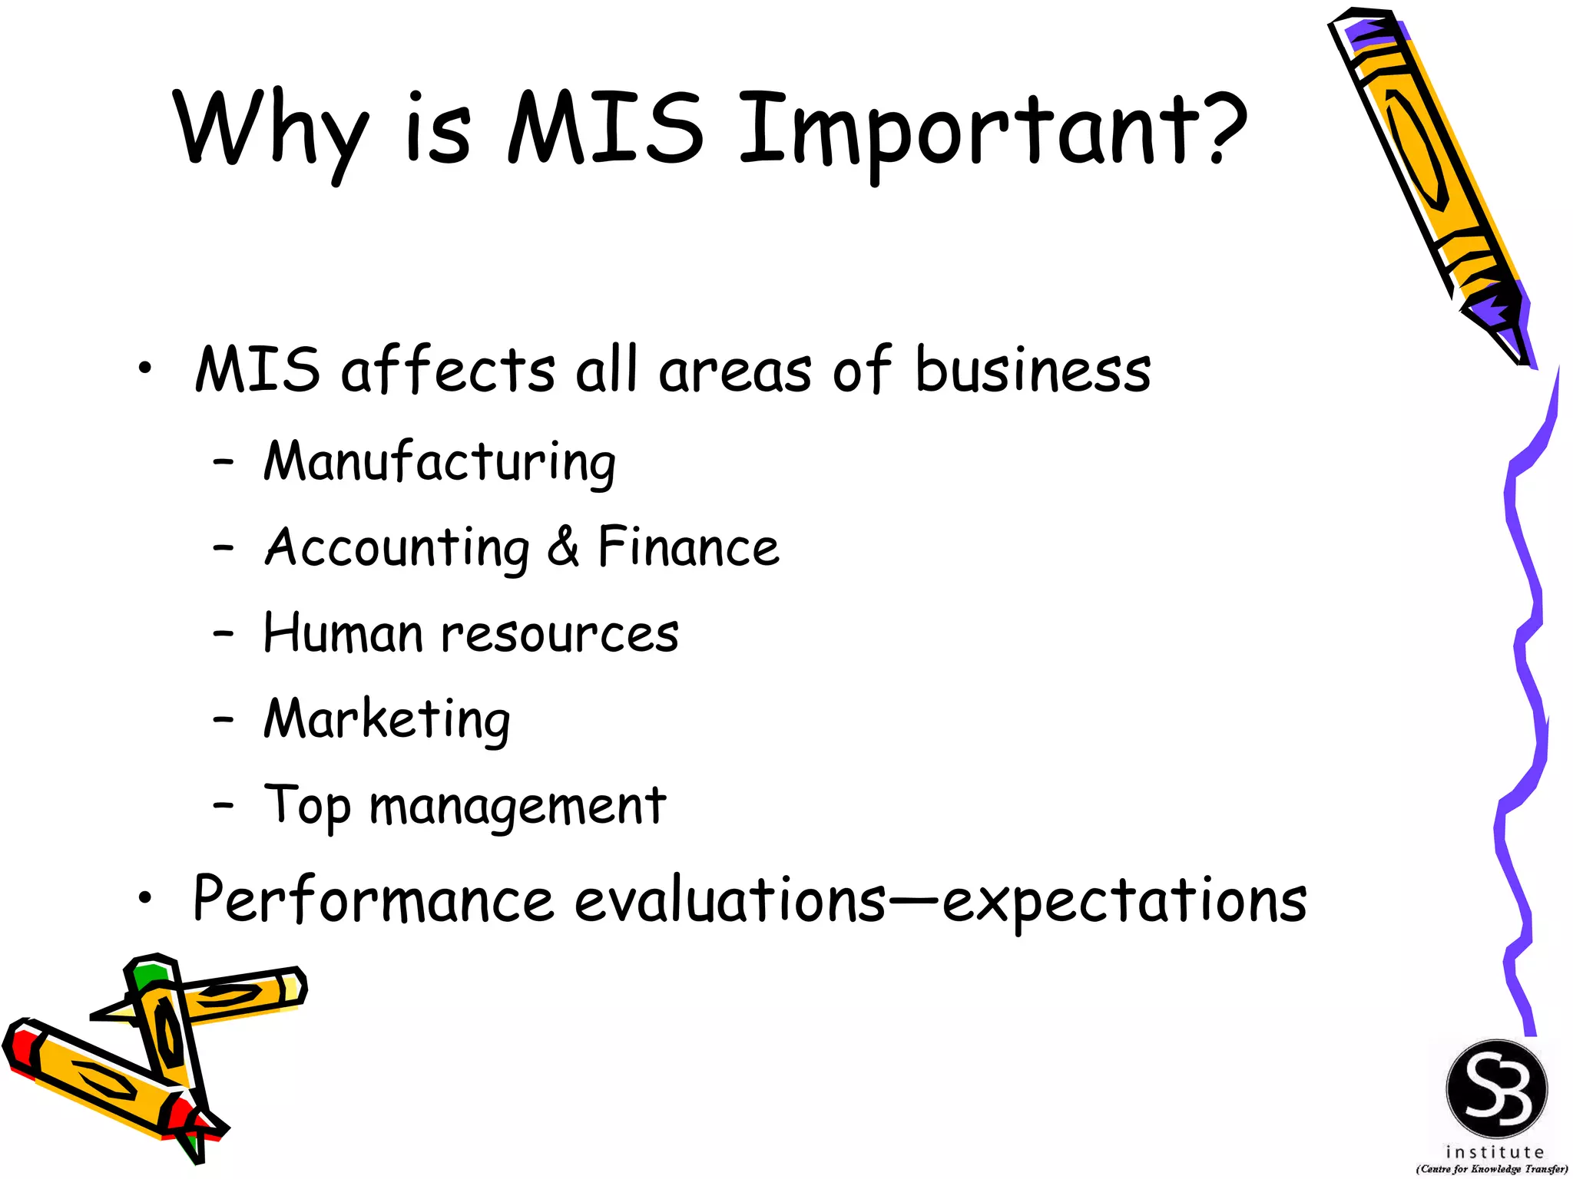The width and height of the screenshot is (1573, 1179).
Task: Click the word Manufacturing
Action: pyautogui.click(x=439, y=462)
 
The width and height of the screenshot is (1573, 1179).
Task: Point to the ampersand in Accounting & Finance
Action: pyautogui.click(x=564, y=547)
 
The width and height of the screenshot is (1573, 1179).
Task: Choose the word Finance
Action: pyautogui.click(x=688, y=547)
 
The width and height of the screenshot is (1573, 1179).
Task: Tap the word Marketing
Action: pyautogui.click(x=387, y=720)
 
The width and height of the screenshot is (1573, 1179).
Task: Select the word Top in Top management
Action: pyautogui.click(x=307, y=806)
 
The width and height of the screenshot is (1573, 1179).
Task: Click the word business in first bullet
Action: pyautogui.click(x=1033, y=370)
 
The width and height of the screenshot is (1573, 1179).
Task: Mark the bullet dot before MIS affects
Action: pyautogui.click(x=145, y=370)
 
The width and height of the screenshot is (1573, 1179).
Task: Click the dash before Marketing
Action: pyautogui.click(x=224, y=720)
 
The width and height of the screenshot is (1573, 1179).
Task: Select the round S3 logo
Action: pyautogui.click(x=1496, y=1089)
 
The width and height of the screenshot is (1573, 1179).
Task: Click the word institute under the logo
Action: pyautogui.click(x=1494, y=1152)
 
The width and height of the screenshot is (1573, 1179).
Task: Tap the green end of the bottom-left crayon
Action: pyautogui.click(x=148, y=974)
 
